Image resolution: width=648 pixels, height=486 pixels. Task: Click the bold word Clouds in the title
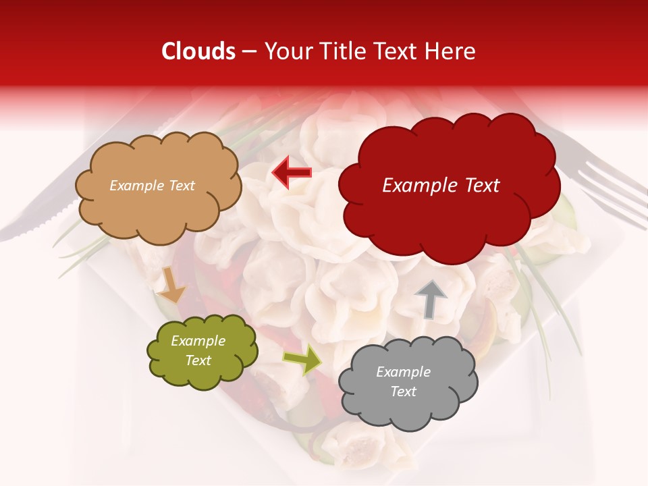[198, 51]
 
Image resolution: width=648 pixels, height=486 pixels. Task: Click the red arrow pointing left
[292, 173]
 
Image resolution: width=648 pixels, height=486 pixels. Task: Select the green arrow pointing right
[302, 359]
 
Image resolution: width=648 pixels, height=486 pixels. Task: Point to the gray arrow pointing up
[430, 298]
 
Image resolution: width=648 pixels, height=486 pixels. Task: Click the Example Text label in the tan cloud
[152, 186]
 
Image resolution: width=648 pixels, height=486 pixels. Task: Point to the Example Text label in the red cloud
[441, 186]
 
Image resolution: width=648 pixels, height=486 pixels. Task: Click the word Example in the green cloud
[198, 341]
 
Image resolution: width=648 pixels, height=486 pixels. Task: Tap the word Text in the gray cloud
[403, 391]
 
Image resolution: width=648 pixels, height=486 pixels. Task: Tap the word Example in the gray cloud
[403, 372]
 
